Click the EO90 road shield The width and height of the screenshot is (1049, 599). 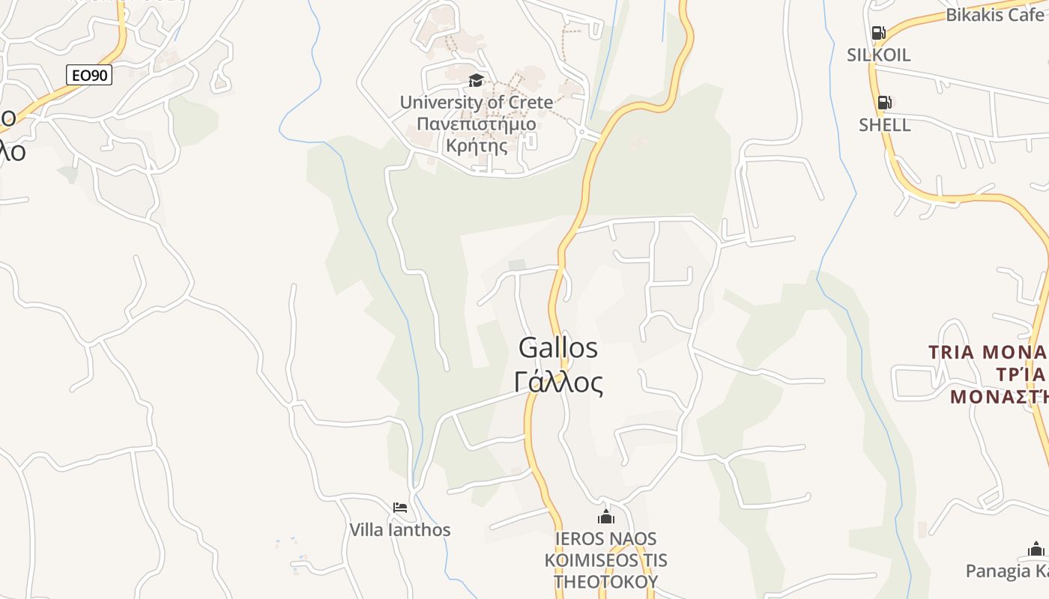tap(89, 75)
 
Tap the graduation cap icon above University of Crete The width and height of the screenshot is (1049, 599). tap(476, 81)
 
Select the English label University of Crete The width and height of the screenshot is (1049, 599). tap(476, 103)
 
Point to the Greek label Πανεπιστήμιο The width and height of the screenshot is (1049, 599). tap(476, 124)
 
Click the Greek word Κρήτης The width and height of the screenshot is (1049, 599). tap(476, 145)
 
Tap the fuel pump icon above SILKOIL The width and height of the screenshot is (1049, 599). tap(878, 33)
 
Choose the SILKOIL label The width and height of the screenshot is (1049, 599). tap(878, 55)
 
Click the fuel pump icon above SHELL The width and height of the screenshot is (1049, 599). tap(884, 103)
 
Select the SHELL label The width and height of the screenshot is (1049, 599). tap(884, 125)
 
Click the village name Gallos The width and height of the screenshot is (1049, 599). tap(558, 348)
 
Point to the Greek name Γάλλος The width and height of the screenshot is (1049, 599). tap(558, 383)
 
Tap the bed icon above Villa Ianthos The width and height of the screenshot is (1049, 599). tap(400, 508)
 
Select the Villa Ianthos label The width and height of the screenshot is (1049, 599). tap(400, 530)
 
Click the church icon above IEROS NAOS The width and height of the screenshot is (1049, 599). tap(605, 517)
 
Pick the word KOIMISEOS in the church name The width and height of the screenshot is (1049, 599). tap(605, 560)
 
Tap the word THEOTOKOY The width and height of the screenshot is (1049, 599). tap(605, 581)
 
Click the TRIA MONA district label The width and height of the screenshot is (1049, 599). tap(988, 352)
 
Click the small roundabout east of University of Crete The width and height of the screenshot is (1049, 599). tap(581, 132)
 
